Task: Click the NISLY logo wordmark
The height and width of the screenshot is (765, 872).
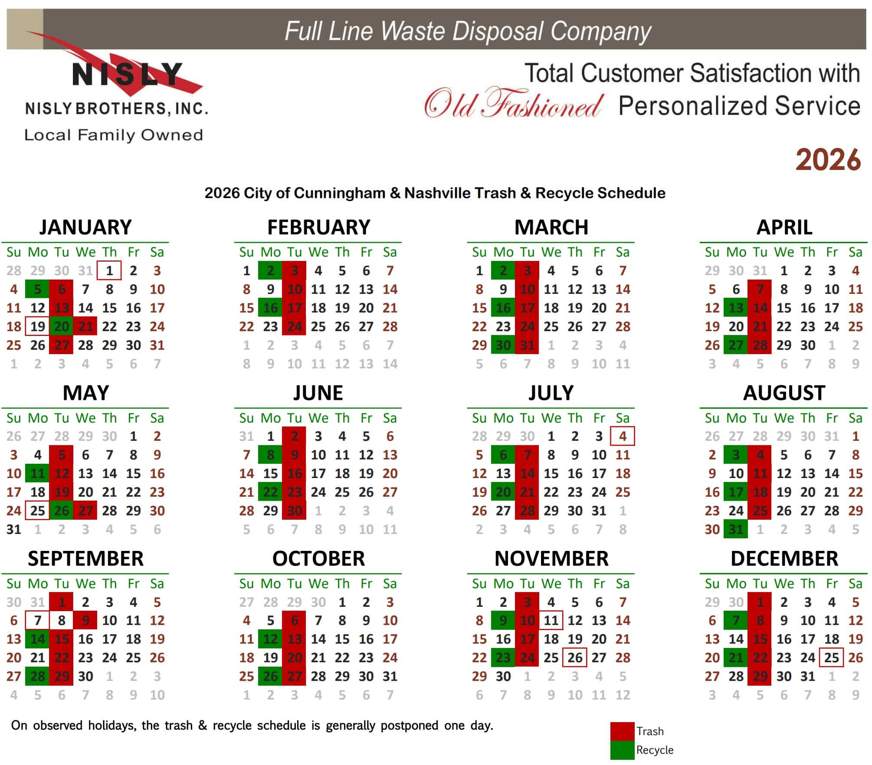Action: pyautogui.click(x=128, y=74)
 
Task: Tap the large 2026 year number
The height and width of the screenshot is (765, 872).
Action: pyautogui.click(x=828, y=160)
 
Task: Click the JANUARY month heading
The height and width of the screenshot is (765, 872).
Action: pyautogui.click(x=85, y=227)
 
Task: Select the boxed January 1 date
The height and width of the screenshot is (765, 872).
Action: pyautogui.click(x=109, y=270)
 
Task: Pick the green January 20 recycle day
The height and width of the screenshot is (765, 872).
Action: pyautogui.click(x=62, y=326)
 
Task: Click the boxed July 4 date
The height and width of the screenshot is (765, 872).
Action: pyautogui.click(x=623, y=436)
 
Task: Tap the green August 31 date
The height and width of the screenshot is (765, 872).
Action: pyautogui.click(x=736, y=529)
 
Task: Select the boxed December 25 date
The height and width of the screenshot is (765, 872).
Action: pyautogui.click(x=831, y=658)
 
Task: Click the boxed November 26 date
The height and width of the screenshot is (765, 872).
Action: pyautogui.click(x=575, y=658)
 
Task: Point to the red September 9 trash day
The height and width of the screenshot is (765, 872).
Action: pyautogui.click(x=85, y=620)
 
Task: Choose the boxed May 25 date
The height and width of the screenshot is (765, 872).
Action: pyautogui.click(x=38, y=511)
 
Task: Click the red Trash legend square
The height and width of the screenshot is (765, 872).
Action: pyautogui.click(x=622, y=732)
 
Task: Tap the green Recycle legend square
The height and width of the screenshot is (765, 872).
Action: pyautogui.click(x=622, y=750)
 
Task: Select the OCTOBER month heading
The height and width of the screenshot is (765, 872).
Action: pyautogui.click(x=318, y=558)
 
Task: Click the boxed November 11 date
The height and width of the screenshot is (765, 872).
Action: pyautogui.click(x=551, y=620)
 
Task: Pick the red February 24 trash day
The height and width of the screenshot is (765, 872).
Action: pyautogui.click(x=294, y=326)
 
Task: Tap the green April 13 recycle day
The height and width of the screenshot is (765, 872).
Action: pyautogui.click(x=736, y=308)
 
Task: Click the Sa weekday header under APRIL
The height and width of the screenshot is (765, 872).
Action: pyautogui.click(x=855, y=252)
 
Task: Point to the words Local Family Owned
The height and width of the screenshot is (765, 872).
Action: pyautogui.click(x=114, y=135)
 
